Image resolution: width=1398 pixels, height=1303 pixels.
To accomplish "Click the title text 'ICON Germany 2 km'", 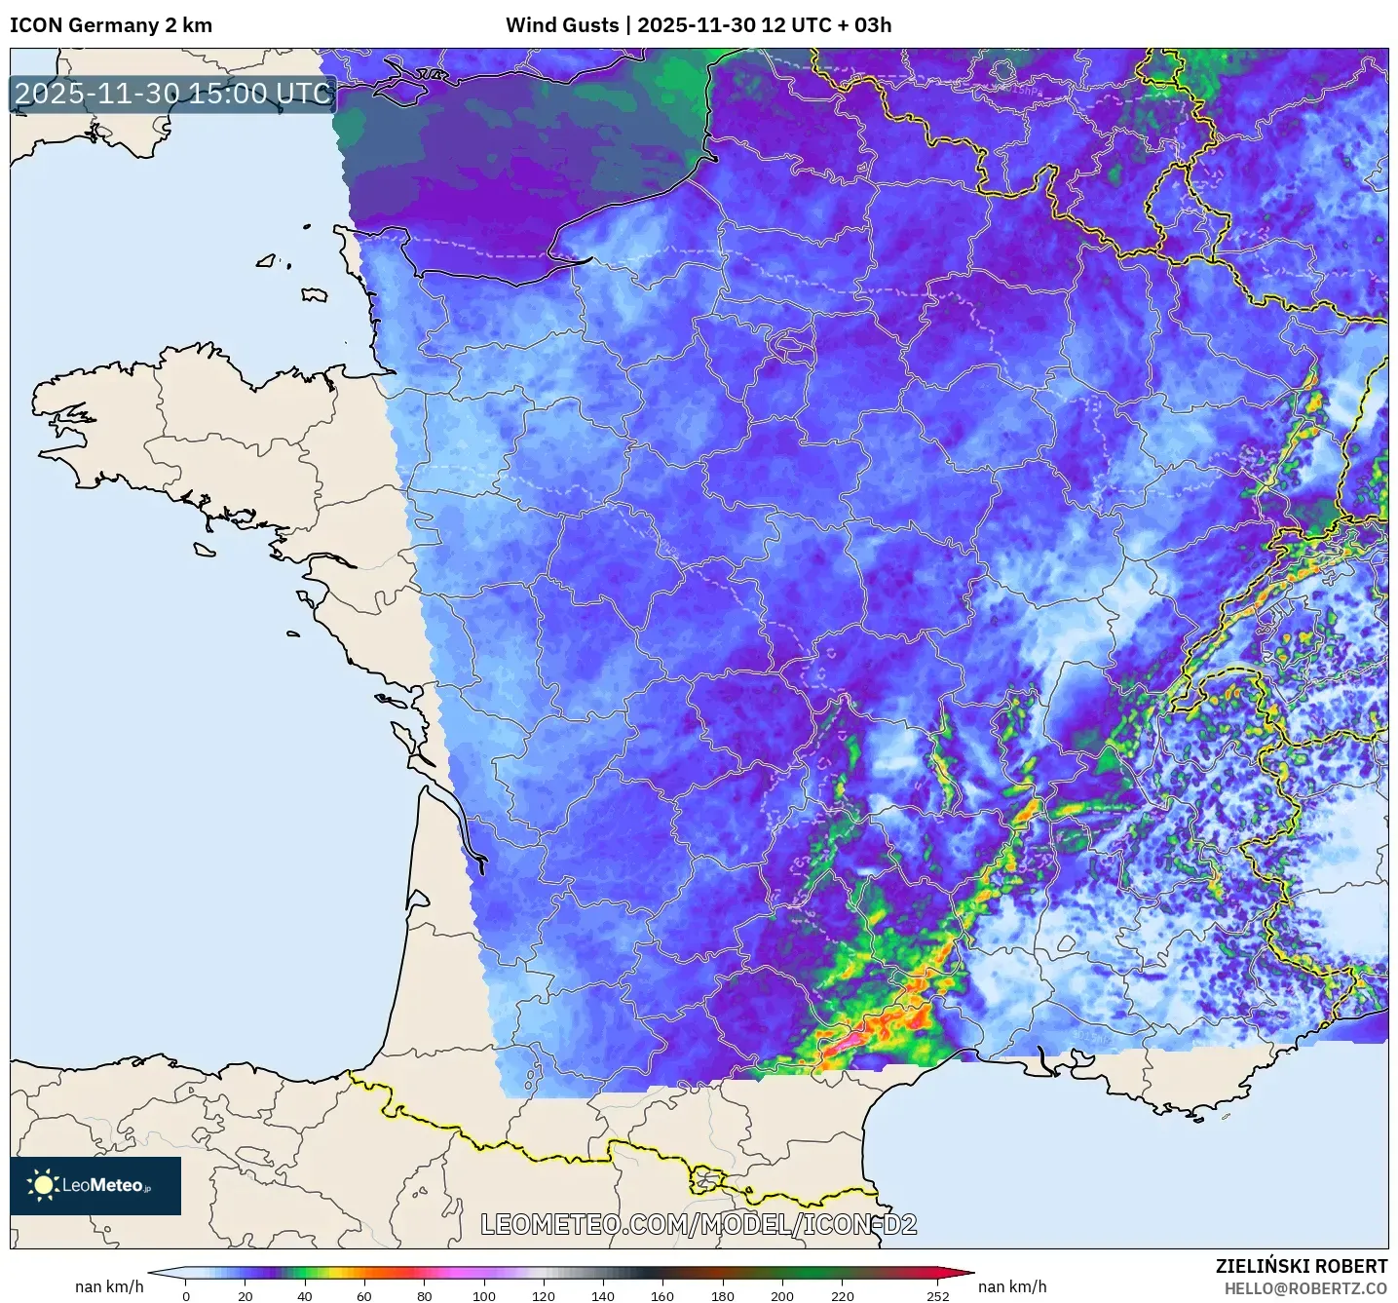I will point(111,25).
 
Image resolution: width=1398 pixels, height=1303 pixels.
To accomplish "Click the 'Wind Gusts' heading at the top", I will point(562,25).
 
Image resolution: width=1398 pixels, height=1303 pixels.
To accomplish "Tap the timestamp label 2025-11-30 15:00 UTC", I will point(173,94).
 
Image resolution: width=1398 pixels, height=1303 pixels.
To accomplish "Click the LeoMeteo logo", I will point(95,1185).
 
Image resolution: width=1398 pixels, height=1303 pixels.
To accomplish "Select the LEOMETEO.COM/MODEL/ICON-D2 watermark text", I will point(699,1224).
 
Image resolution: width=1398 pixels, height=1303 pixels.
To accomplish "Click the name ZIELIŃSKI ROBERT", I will point(1301,1266).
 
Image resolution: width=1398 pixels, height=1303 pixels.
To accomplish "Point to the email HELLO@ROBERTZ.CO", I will point(1304,1288).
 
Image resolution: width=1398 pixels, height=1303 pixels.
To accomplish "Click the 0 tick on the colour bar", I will point(186,1295).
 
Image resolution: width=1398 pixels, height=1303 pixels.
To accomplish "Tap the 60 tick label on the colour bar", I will point(364,1295).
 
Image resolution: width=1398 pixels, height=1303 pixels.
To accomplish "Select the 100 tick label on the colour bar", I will point(484,1295).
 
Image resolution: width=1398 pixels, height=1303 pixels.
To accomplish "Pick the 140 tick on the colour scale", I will point(603,1295).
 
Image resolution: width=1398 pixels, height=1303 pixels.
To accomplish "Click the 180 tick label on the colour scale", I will point(722,1295).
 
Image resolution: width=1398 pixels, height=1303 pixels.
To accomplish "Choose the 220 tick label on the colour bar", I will point(842,1295).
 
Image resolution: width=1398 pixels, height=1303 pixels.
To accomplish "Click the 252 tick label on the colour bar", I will point(937,1295).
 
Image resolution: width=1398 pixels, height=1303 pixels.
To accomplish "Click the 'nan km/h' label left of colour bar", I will point(109,1286).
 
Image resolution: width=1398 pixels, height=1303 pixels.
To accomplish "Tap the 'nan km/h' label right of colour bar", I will point(1012,1286).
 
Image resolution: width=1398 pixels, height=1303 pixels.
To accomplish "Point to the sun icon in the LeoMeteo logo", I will point(43,1185).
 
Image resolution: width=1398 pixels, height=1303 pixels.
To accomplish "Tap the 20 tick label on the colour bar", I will point(246,1295).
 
